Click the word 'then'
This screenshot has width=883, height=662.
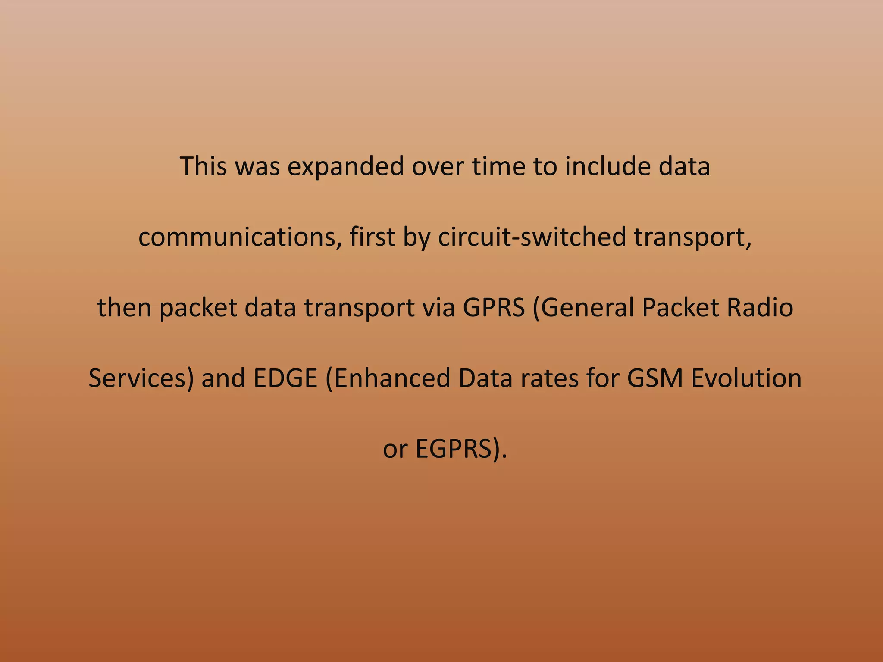(x=124, y=308)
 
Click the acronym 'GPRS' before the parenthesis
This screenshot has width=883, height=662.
(x=494, y=308)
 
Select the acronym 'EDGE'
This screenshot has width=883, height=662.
(x=285, y=378)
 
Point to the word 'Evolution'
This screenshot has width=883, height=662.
(x=746, y=378)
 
